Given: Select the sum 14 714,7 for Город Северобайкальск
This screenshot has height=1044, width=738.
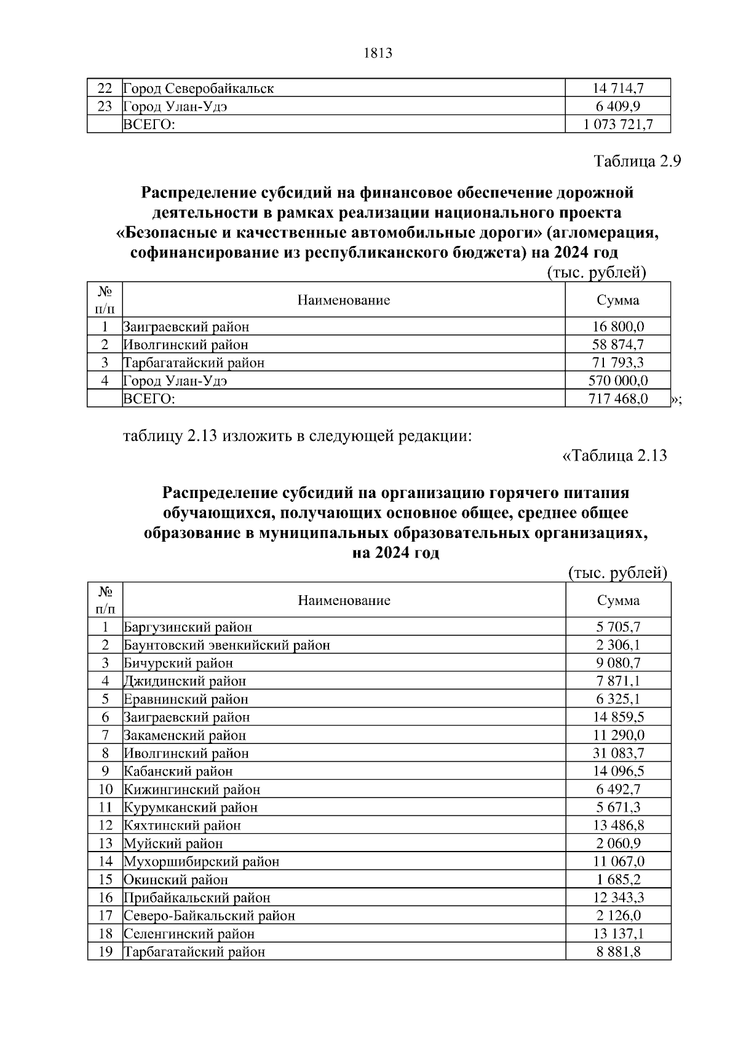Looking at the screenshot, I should (617, 89).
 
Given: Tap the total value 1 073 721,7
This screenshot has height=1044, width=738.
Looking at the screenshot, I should (617, 125).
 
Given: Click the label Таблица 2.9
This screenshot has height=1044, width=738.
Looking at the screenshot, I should (637, 162).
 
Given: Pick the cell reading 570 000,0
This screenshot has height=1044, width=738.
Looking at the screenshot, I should (617, 381).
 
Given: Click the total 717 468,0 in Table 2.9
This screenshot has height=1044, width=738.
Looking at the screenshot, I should (617, 399).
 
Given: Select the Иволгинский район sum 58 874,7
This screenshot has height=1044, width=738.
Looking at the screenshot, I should (617, 345).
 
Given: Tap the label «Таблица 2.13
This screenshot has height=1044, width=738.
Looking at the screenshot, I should (615, 456).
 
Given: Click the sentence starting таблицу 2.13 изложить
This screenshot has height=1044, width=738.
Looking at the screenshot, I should (298, 437).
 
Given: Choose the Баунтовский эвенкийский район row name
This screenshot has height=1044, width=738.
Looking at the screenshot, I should (227, 646).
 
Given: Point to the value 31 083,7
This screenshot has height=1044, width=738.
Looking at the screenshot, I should (617, 753).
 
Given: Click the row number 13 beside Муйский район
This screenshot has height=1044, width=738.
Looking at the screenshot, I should (105, 844).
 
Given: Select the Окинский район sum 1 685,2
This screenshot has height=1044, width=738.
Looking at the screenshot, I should (617, 880).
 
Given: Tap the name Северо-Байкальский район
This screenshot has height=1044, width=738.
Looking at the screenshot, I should (210, 916).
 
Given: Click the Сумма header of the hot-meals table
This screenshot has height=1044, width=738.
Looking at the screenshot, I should (617, 601).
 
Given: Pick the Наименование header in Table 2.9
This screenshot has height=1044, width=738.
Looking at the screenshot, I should (344, 300).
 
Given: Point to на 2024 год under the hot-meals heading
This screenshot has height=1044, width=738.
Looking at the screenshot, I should (395, 553).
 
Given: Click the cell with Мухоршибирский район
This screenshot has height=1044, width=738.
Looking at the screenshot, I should (202, 862).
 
